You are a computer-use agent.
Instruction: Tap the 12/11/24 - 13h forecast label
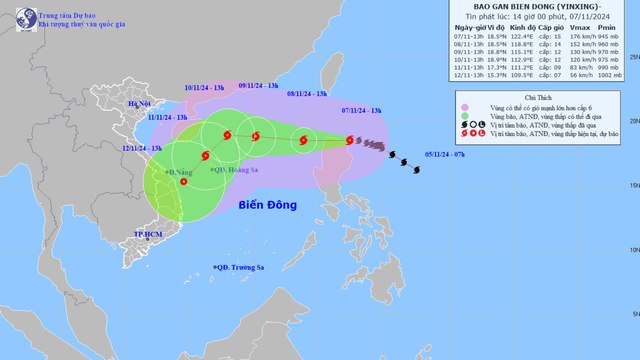pyautogui.click(x=143, y=148)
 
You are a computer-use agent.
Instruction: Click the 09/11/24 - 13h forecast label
pyautogui.click(x=258, y=86)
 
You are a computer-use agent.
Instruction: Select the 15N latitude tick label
pyautogui.click(x=632, y=185)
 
